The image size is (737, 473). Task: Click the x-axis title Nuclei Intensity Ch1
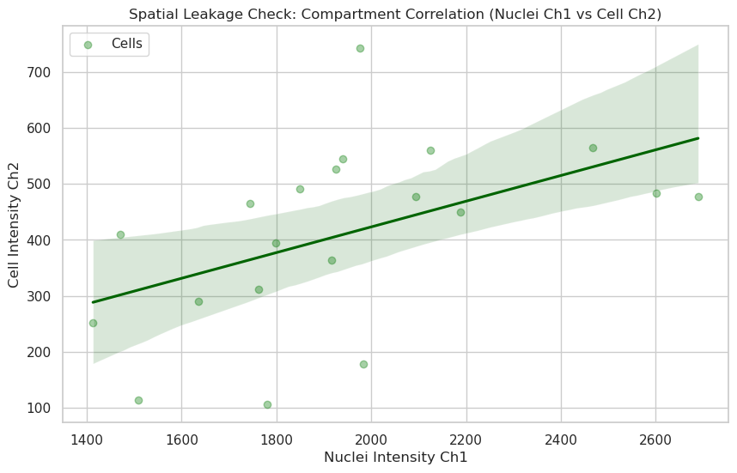(396, 458)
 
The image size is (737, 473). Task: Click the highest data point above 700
(360, 48)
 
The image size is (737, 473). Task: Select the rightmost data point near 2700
(698, 197)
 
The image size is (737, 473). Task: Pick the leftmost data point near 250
(93, 323)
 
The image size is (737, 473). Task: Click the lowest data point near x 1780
(267, 404)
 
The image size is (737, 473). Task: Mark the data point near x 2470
(593, 148)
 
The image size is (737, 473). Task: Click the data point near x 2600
(656, 193)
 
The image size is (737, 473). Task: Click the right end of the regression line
(698, 138)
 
